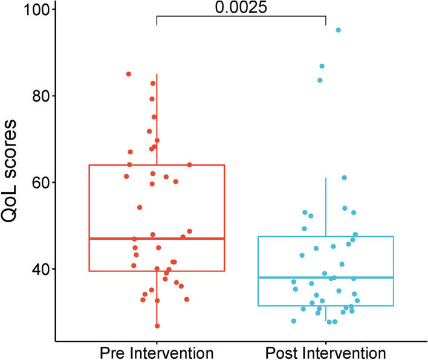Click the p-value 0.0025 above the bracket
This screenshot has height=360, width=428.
(241, 7)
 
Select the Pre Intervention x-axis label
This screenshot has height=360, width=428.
(157, 351)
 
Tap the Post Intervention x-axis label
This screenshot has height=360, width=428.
(326, 351)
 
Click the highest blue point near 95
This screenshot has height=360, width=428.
(339, 30)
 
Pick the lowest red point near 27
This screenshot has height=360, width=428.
(157, 326)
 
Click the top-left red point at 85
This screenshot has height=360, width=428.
(129, 74)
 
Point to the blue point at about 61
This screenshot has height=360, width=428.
(344, 178)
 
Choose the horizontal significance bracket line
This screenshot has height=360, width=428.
(241, 16)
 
